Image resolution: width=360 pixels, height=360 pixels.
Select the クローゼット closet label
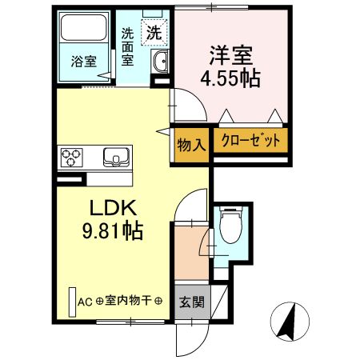coord(249,142)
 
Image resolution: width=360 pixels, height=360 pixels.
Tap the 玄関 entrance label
coord(190,302)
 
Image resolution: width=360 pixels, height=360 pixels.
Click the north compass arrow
coord(287,322)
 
